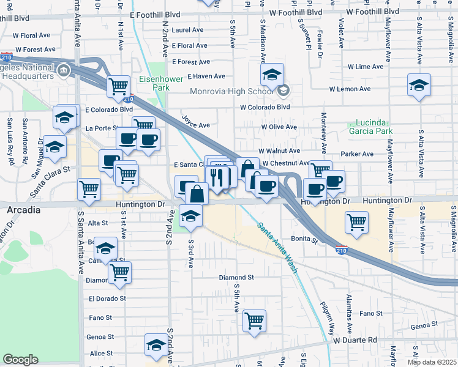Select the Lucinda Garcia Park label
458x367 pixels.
[370, 126]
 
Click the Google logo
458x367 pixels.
[20, 360]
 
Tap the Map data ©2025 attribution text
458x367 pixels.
[432, 362]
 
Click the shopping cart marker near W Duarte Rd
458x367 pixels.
[254, 319]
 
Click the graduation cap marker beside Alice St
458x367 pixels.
[156, 345]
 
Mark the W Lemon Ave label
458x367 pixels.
[350, 89]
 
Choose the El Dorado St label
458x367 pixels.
[107, 298]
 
